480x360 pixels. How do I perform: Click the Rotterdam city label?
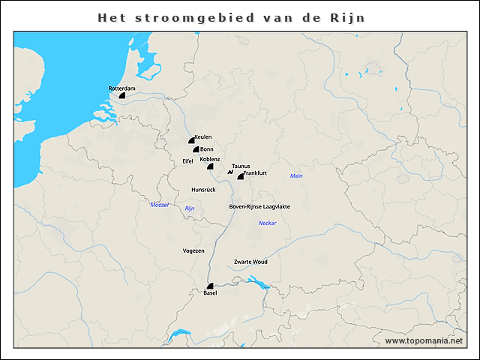click(122, 88)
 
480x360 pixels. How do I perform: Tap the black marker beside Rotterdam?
click(121, 96)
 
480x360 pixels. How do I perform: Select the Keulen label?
click(202, 137)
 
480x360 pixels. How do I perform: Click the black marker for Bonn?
click(196, 149)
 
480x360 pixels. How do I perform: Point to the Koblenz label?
click(210, 159)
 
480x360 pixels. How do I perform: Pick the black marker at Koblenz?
click(211, 166)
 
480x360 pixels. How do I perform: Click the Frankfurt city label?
click(256, 173)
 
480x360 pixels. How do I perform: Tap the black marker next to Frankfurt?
click(241, 176)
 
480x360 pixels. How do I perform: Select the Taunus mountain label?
click(241, 166)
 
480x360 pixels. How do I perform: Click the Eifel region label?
click(187, 160)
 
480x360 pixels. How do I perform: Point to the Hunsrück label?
click(203, 190)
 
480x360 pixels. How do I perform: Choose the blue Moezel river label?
click(160, 205)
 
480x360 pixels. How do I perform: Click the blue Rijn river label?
click(190, 208)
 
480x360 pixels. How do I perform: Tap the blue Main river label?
click(296, 175)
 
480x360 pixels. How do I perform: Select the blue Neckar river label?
click(267, 223)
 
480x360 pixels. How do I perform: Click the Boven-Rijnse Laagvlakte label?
click(259, 205)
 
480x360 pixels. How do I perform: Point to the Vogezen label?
click(193, 250)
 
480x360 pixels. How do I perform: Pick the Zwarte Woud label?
click(250, 262)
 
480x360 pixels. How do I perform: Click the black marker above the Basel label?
click(211, 286)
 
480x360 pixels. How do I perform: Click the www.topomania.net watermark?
click(424, 340)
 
